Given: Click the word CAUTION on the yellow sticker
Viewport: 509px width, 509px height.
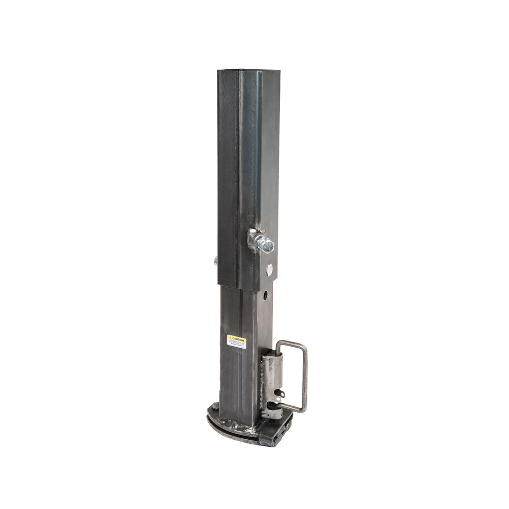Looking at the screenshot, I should click(238, 338).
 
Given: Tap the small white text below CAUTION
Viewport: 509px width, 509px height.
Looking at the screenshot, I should click(236, 345).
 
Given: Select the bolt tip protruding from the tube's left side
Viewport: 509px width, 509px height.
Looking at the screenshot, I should click(216, 261).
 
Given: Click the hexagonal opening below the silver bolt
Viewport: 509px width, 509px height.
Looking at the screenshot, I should click(269, 269).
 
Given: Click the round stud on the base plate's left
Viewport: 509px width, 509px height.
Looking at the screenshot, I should click(214, 407).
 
